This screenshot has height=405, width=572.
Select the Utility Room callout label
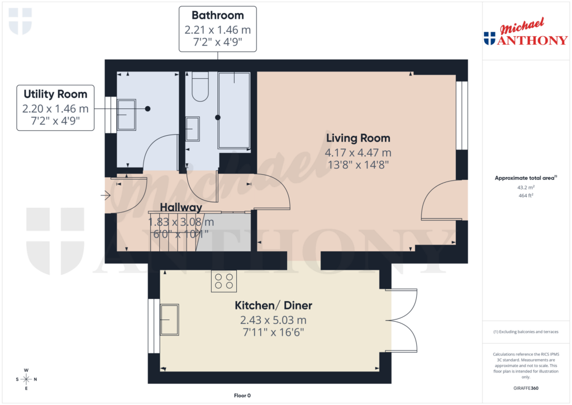click(55, 107)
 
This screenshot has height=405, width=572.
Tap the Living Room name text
click(358, 138)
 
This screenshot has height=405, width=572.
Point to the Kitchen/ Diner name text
click(273, 306)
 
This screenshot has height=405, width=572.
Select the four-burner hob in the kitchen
click(223, 281)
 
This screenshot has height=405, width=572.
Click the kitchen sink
click(169, 320)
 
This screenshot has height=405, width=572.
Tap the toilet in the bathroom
click(199, 87)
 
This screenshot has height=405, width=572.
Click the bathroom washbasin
click(192, 129)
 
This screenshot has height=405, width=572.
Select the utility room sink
click(127, 115)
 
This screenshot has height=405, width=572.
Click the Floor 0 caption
click(242, 396)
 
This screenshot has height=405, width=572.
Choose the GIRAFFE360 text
click(525, 388)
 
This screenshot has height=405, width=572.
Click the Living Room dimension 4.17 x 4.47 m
click(358, 152)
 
